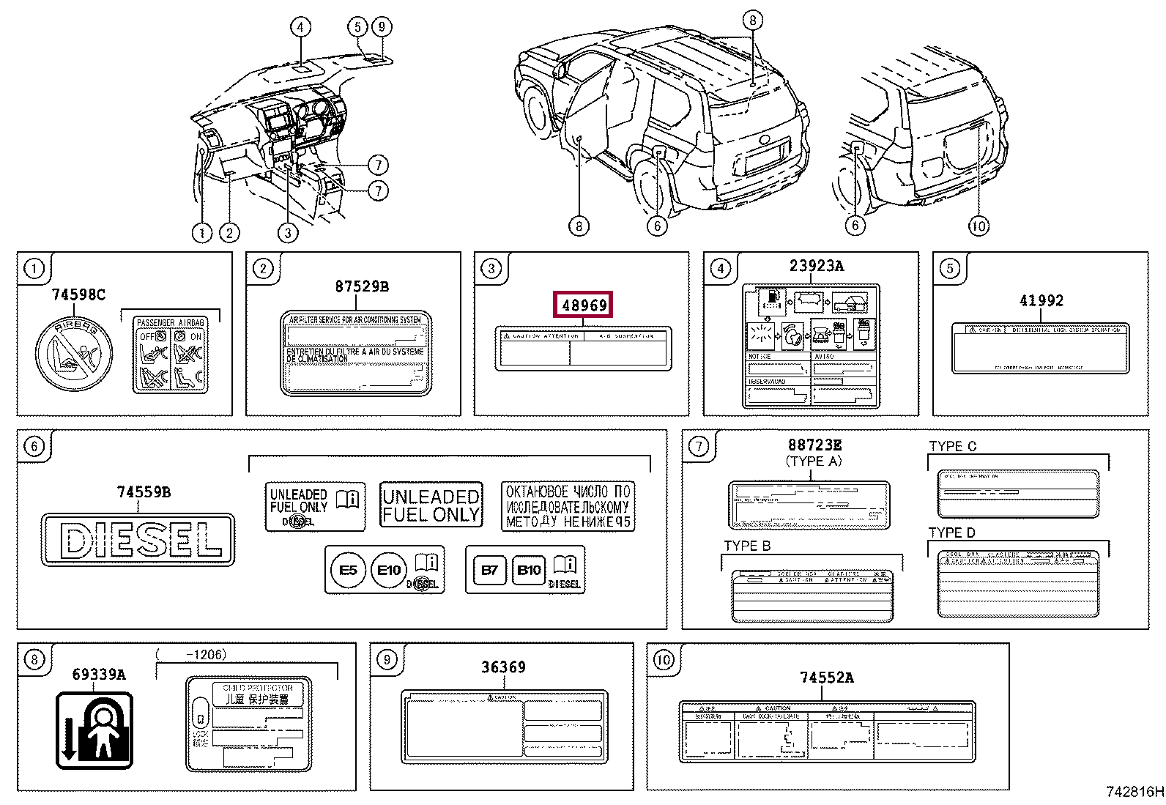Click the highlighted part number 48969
[584, 305]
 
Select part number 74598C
[78, 294]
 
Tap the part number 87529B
[362, 286]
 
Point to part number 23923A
[816, 266]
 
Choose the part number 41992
[1041, 300]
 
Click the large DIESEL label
[138, 540]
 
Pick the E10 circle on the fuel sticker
[389, 570]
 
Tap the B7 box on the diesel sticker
[490, 570]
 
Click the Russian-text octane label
[568, 505]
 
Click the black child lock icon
[94, 730]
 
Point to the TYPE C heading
[952, 446]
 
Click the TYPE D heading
[951, 533]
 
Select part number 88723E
[814, 445]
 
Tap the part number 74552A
[826, 678]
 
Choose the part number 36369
[503, 667]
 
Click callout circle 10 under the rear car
[979, 226]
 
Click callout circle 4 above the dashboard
[300, 28]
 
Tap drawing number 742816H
[1134, 791]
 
